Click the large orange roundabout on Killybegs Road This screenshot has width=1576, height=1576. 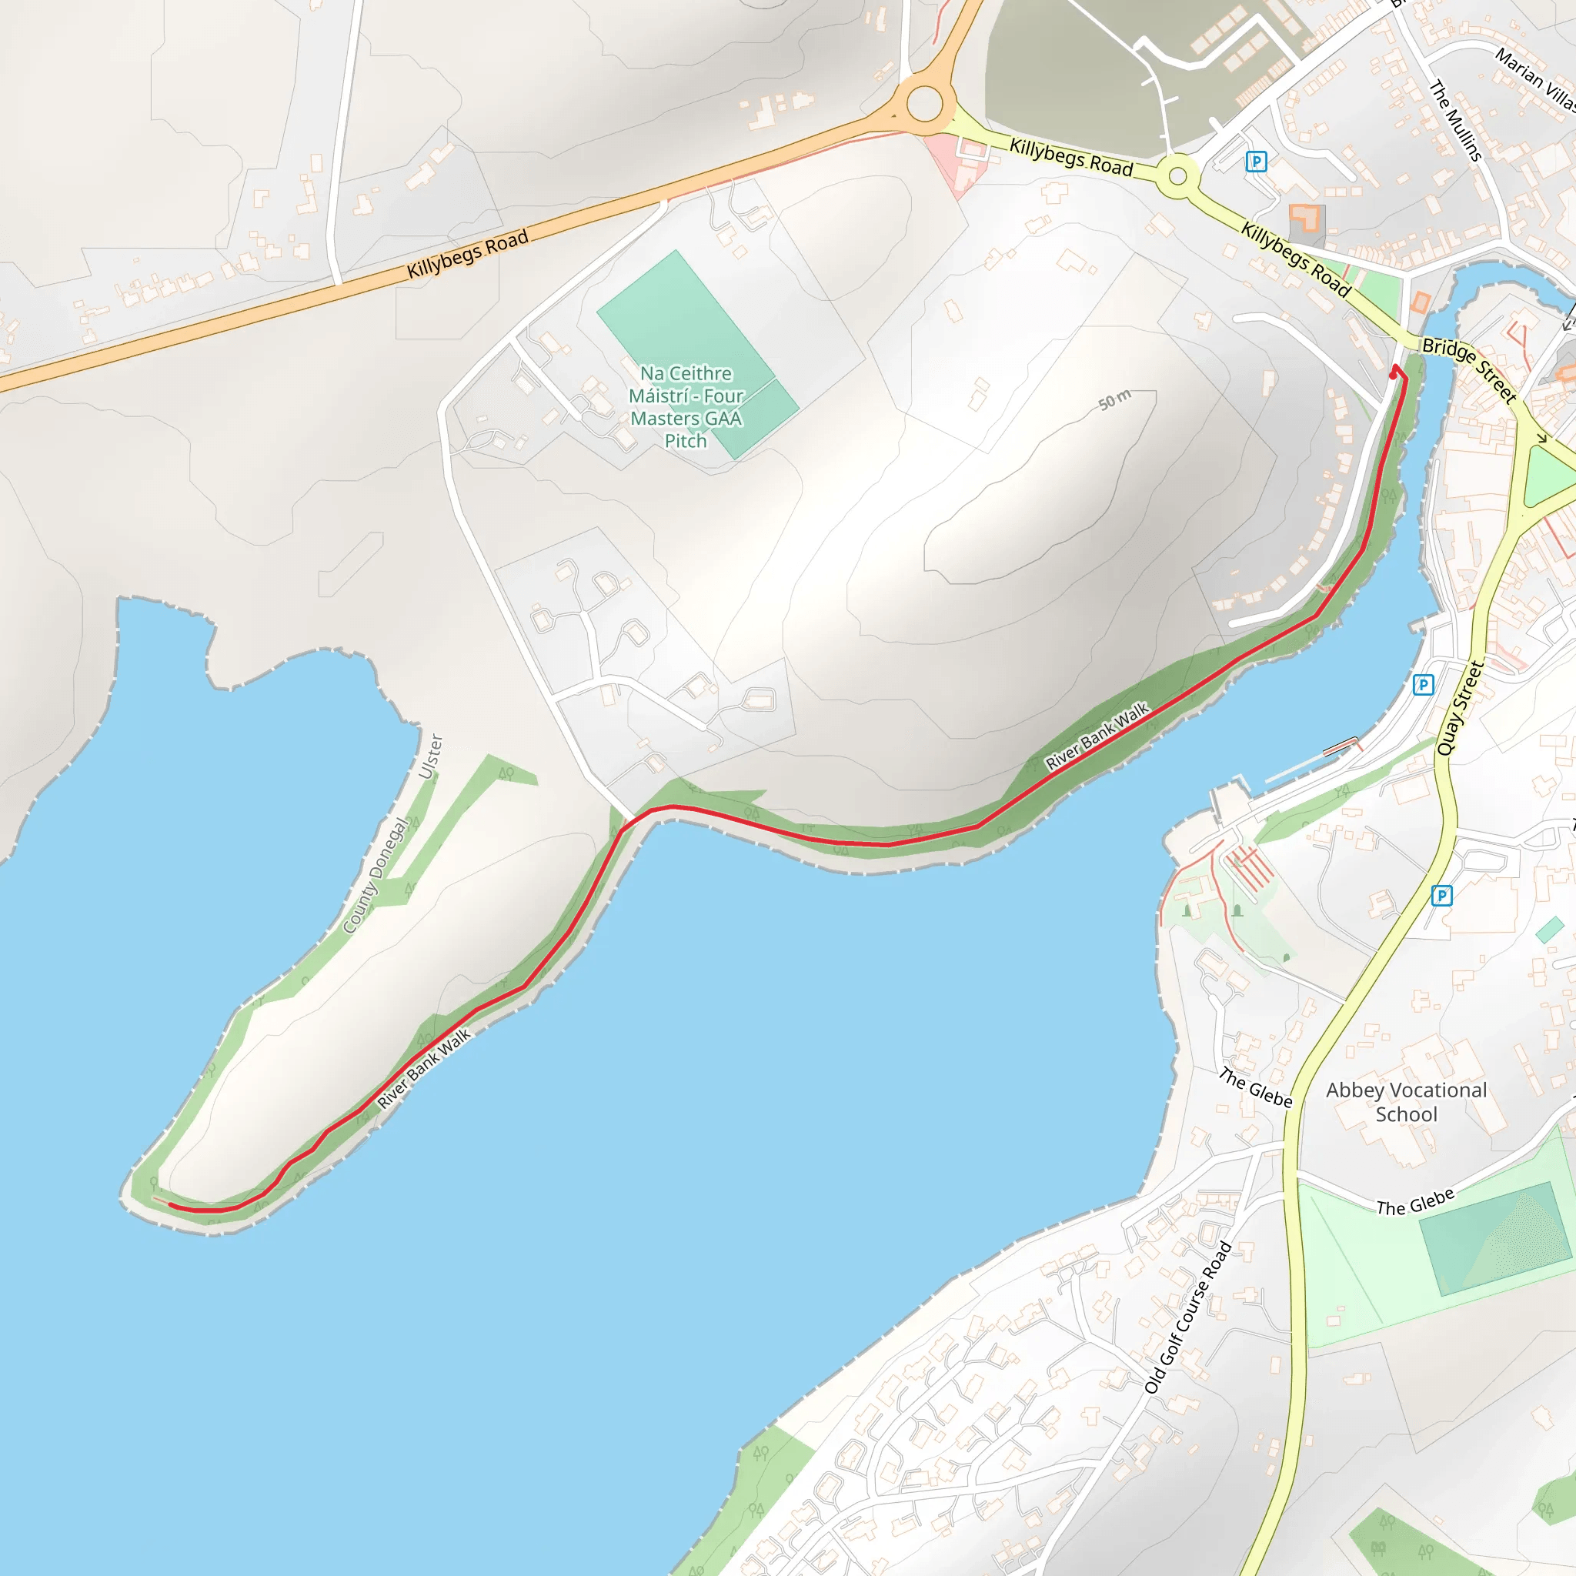pos(924,105)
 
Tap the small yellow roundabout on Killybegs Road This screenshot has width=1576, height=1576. pos(1177,176)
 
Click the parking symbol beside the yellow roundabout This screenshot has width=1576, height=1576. pos(1256,162)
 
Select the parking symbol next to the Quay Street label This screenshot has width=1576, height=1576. pos(1424,684)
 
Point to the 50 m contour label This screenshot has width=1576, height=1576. pos(1114,399)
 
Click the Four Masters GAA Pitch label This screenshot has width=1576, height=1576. pos(686,407)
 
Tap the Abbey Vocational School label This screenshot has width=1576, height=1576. pos(1407,1102)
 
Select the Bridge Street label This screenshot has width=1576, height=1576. pos(1469,370)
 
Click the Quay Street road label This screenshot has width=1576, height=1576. pos(1460,707)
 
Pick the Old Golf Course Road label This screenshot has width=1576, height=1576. pos(1187,1317)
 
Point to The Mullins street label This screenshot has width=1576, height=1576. pos(1455,121)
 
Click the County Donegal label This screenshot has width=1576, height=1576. pos(376,875)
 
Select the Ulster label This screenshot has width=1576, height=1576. pos(431,756)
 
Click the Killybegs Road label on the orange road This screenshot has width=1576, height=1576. pos(468,254)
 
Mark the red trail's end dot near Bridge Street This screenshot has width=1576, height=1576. pos(1392,376)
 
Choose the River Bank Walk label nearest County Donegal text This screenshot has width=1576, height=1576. pos(424,1069)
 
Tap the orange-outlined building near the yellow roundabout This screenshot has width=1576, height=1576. pos(1306,222)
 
